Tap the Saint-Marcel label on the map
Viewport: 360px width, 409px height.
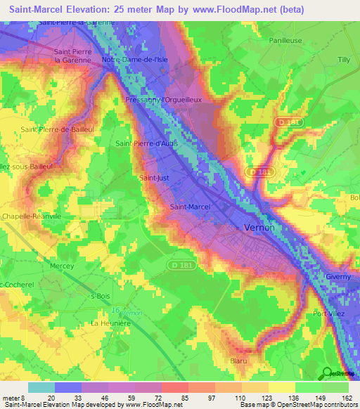click(x=191, y=207)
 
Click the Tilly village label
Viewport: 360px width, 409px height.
click(x=343, y=60)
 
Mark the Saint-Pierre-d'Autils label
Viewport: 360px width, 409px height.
click(x=146, y=143)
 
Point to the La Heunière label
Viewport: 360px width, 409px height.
click(x=111, y=323)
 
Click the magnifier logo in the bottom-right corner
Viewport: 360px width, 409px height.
click(x=326, y=374)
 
